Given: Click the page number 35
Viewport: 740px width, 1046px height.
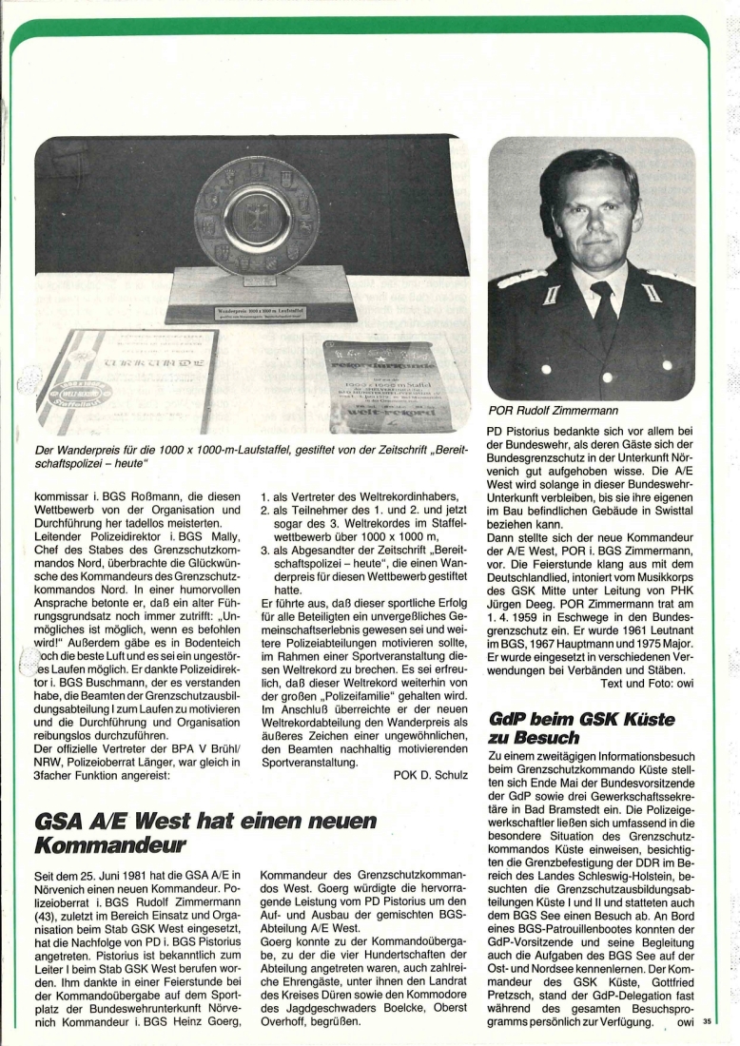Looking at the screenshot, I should [707, 1022].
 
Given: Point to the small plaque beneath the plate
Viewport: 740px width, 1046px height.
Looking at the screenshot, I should [249, 311].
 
